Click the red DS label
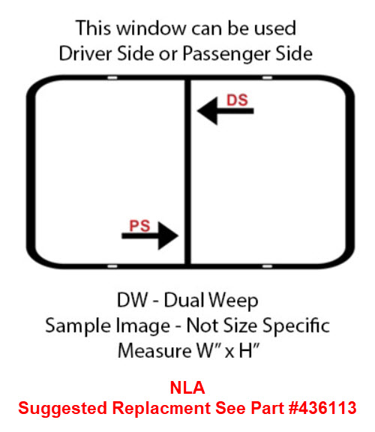click(x=237, y=100)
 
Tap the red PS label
click(x=139, y=226)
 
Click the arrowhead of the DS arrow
click(x=208, y=111)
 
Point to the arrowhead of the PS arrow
click(x=168, y=235)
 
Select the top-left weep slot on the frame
click(x=112, y=78)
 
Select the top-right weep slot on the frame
click(x=267, y=78)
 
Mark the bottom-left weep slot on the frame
click(x=112, y=266)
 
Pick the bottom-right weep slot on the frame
click(x=267, y=266)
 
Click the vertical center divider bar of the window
click(x=187, y=172)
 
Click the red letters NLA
click(x=187, y=388)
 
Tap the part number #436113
click(x=322, y=408)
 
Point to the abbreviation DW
click(x=132, y=300)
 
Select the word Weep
click(x=233, y=301)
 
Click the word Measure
click(x=154, y=351)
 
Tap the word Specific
click(x=296, y=326)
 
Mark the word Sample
click(x=78, y=326)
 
